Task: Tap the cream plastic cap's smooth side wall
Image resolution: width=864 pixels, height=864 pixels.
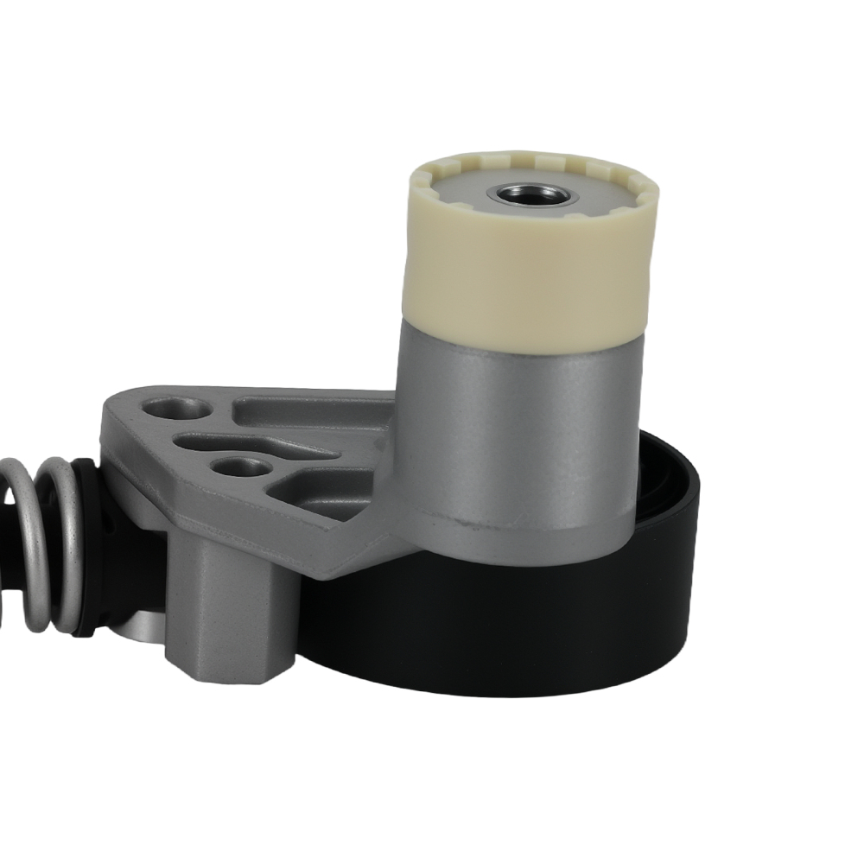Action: tap(527, 276)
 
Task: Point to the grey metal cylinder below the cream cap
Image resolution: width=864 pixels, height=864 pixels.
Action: tap(518, 432)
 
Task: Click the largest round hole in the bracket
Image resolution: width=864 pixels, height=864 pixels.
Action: tap(178, 409)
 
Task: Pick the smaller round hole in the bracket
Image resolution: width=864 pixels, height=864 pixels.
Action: tap(241, 467)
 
